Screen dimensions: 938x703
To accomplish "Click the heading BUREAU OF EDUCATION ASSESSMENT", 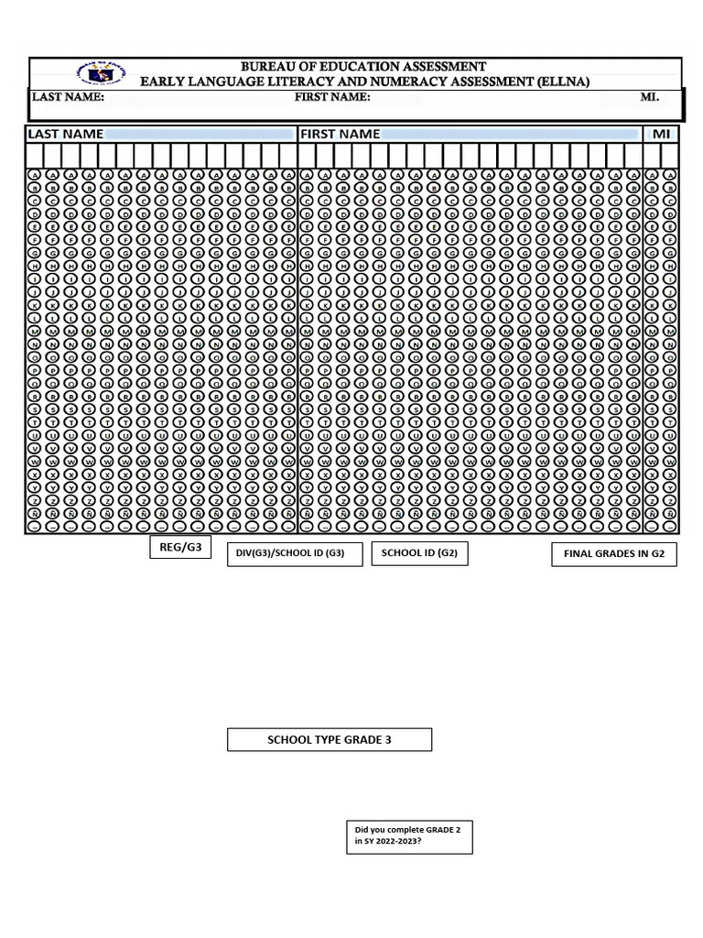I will (x=363, y=67).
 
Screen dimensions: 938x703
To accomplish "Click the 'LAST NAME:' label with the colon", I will (x=69, y=97).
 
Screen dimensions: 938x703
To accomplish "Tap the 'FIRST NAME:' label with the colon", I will (x=332, y=97).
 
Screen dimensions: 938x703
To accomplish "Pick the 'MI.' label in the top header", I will (x=649, y=97).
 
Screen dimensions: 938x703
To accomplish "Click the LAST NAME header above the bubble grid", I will (x=65, y=134).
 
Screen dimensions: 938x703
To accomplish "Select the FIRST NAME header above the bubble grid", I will (x=340, y=134).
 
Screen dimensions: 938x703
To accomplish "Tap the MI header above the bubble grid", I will (x=661, y=134).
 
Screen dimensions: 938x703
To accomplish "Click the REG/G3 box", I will (x=180, y=548).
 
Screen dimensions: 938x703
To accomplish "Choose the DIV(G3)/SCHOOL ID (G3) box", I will (x=295, y=554).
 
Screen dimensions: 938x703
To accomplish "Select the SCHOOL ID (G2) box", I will (x=419, y=553).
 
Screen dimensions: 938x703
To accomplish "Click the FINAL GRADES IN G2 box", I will (x=613, y=554).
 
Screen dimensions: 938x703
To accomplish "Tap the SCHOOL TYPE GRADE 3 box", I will (x=330, y=739).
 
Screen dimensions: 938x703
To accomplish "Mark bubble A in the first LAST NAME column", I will (x=34, y=174).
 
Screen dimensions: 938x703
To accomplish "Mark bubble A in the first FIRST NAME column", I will (x=307, y=174).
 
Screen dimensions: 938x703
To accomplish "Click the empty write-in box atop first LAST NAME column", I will (x=34, y=155).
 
